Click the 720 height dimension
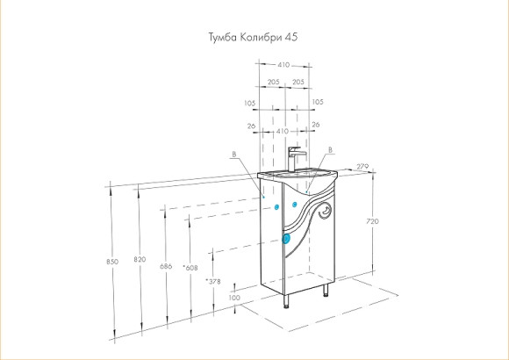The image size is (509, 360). click(371, 222)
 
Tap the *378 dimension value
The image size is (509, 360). click(211, 281)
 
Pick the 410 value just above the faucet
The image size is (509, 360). click(283, 130)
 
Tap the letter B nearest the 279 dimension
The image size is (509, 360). click(329, 150)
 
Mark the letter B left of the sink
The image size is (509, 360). click(233, 155)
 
